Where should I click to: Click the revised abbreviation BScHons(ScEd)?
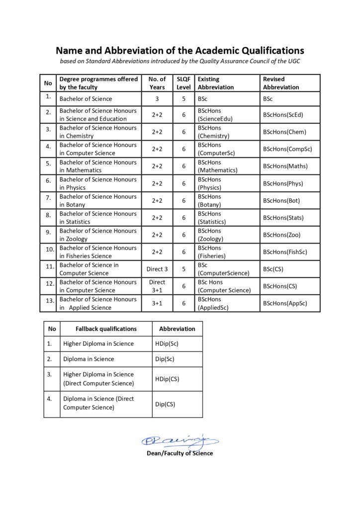pos(283,115)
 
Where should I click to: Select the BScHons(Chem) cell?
pos(284,132)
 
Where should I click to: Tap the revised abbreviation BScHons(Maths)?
pos(285,166)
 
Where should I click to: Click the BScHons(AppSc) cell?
pos(285,303)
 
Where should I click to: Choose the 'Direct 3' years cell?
pos(157,269)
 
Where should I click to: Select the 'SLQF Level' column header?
pos(183,83)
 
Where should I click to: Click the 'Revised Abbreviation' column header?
pos(281,83)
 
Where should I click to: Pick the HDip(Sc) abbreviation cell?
pos(167,343)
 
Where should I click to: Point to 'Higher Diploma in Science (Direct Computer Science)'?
pos(98,379)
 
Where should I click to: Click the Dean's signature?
pos(180,440)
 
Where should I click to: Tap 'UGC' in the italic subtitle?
pos(292,61)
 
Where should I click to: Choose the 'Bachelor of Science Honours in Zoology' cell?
pos(98,235)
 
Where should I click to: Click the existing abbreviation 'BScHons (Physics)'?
pos(209,183)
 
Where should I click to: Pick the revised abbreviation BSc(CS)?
pos(274,269)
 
